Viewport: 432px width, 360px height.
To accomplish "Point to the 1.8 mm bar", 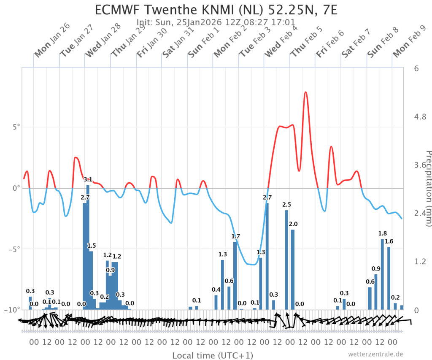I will click(382, 274).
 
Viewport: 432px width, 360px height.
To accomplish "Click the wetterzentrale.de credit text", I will click(376, 354).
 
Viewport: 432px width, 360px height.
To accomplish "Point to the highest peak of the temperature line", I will click(305, 92).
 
